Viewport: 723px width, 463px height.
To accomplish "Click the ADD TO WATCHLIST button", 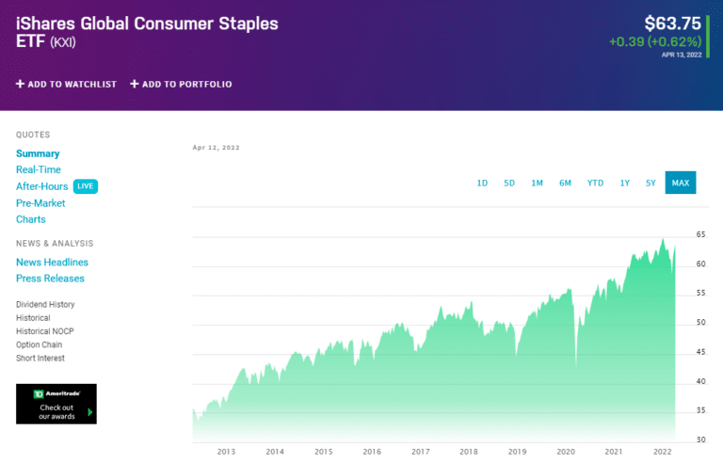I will click(66, 84).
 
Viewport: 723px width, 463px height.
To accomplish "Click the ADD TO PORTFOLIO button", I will click(181, 84).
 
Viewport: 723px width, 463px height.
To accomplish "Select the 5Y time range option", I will click(651, 183).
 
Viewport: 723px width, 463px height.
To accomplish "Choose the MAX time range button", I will click(680, 183).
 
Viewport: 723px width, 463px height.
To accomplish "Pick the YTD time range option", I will click(595, 183).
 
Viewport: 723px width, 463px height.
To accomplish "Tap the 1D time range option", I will click(482, 183).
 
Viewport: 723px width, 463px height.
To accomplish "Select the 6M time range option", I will click(565, 183).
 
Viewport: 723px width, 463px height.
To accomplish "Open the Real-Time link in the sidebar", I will click(39, 169).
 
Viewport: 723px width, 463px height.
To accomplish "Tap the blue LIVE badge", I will click(86, 186).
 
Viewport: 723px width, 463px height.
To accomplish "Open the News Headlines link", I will click(52, 263).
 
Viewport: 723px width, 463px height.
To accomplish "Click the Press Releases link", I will click(50, 279).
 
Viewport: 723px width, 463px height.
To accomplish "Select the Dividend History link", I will click(45, 305).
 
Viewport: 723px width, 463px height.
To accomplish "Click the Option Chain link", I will click(40, 344).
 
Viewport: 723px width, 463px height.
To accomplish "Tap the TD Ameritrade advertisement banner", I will click(56, 404).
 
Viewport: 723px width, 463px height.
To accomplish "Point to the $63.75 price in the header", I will click(672, 24).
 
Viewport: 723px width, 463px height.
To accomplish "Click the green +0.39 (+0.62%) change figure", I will click(655, 41).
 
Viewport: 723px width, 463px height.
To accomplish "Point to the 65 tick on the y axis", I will click(700, 234).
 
